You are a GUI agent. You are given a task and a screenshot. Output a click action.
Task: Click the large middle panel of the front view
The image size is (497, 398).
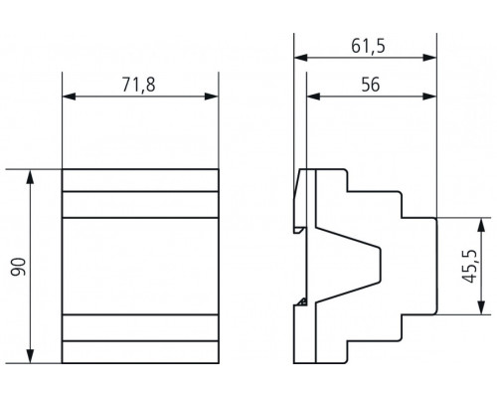(x=139, y=266)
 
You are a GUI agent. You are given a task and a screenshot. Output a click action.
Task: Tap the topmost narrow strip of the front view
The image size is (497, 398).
(x=139, y=180)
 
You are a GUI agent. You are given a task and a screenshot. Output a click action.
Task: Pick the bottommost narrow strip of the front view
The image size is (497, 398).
(x=139, y=352)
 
